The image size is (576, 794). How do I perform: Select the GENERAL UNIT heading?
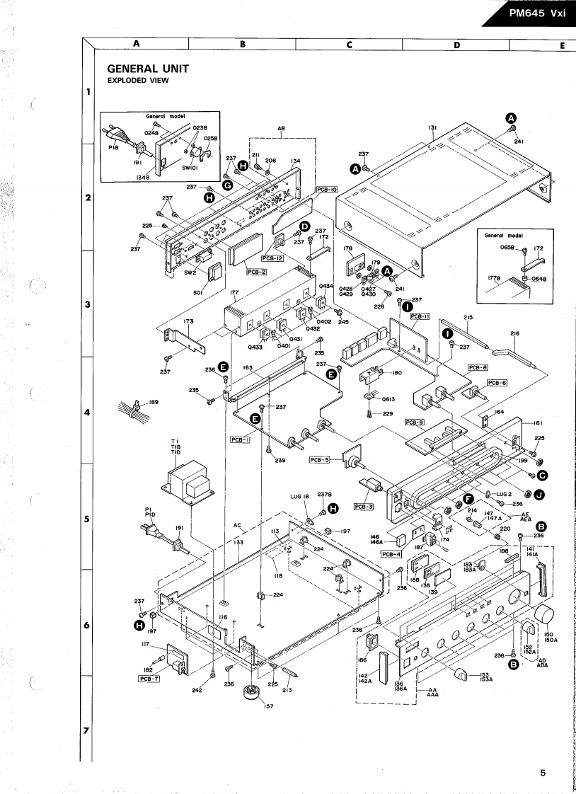[x=147, y=69]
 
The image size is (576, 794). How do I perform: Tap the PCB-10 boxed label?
[x=327, y=190]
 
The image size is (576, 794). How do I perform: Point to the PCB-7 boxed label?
[x=146, y=678]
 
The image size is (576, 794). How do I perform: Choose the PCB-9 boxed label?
[x=414, y=422]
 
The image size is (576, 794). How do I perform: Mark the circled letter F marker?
[x=468, y=500]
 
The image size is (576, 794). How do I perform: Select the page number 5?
[x=543, y=773]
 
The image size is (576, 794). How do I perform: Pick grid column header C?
[x=349, y=44]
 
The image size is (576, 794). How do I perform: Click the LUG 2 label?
[x=504, y=493]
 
